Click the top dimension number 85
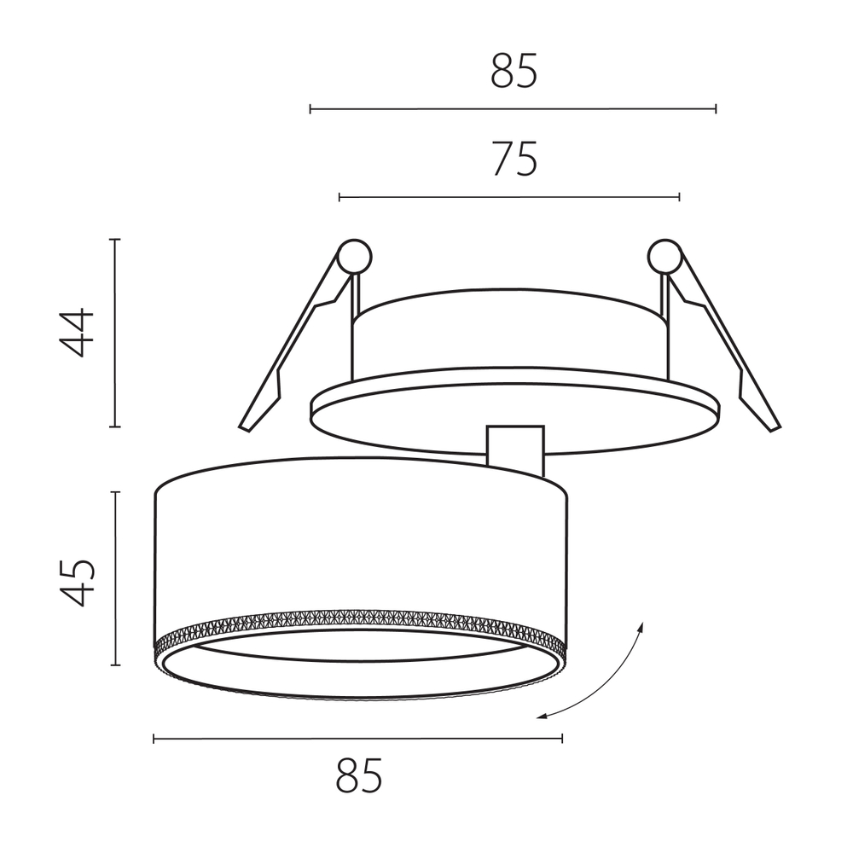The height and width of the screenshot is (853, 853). coord(514,72)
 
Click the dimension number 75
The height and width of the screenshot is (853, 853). coord(515,159)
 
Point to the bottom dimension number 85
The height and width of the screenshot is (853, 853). coord(359,775)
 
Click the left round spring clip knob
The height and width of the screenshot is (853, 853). coord(354,256)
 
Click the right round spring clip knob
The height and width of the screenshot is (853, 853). coord(664,256)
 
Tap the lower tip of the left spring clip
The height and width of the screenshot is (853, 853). coord(244,428)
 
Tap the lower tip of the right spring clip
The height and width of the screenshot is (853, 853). coord(775,428)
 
